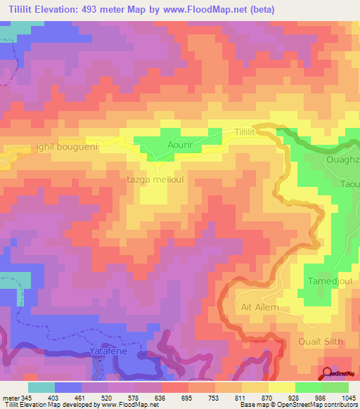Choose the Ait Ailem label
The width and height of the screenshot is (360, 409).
tap(260, 307)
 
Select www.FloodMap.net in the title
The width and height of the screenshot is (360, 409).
tap(207, 9)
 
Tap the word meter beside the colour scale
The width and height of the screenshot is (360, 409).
tap(11, 398)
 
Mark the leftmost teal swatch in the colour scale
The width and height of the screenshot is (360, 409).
tap(41, 387)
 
